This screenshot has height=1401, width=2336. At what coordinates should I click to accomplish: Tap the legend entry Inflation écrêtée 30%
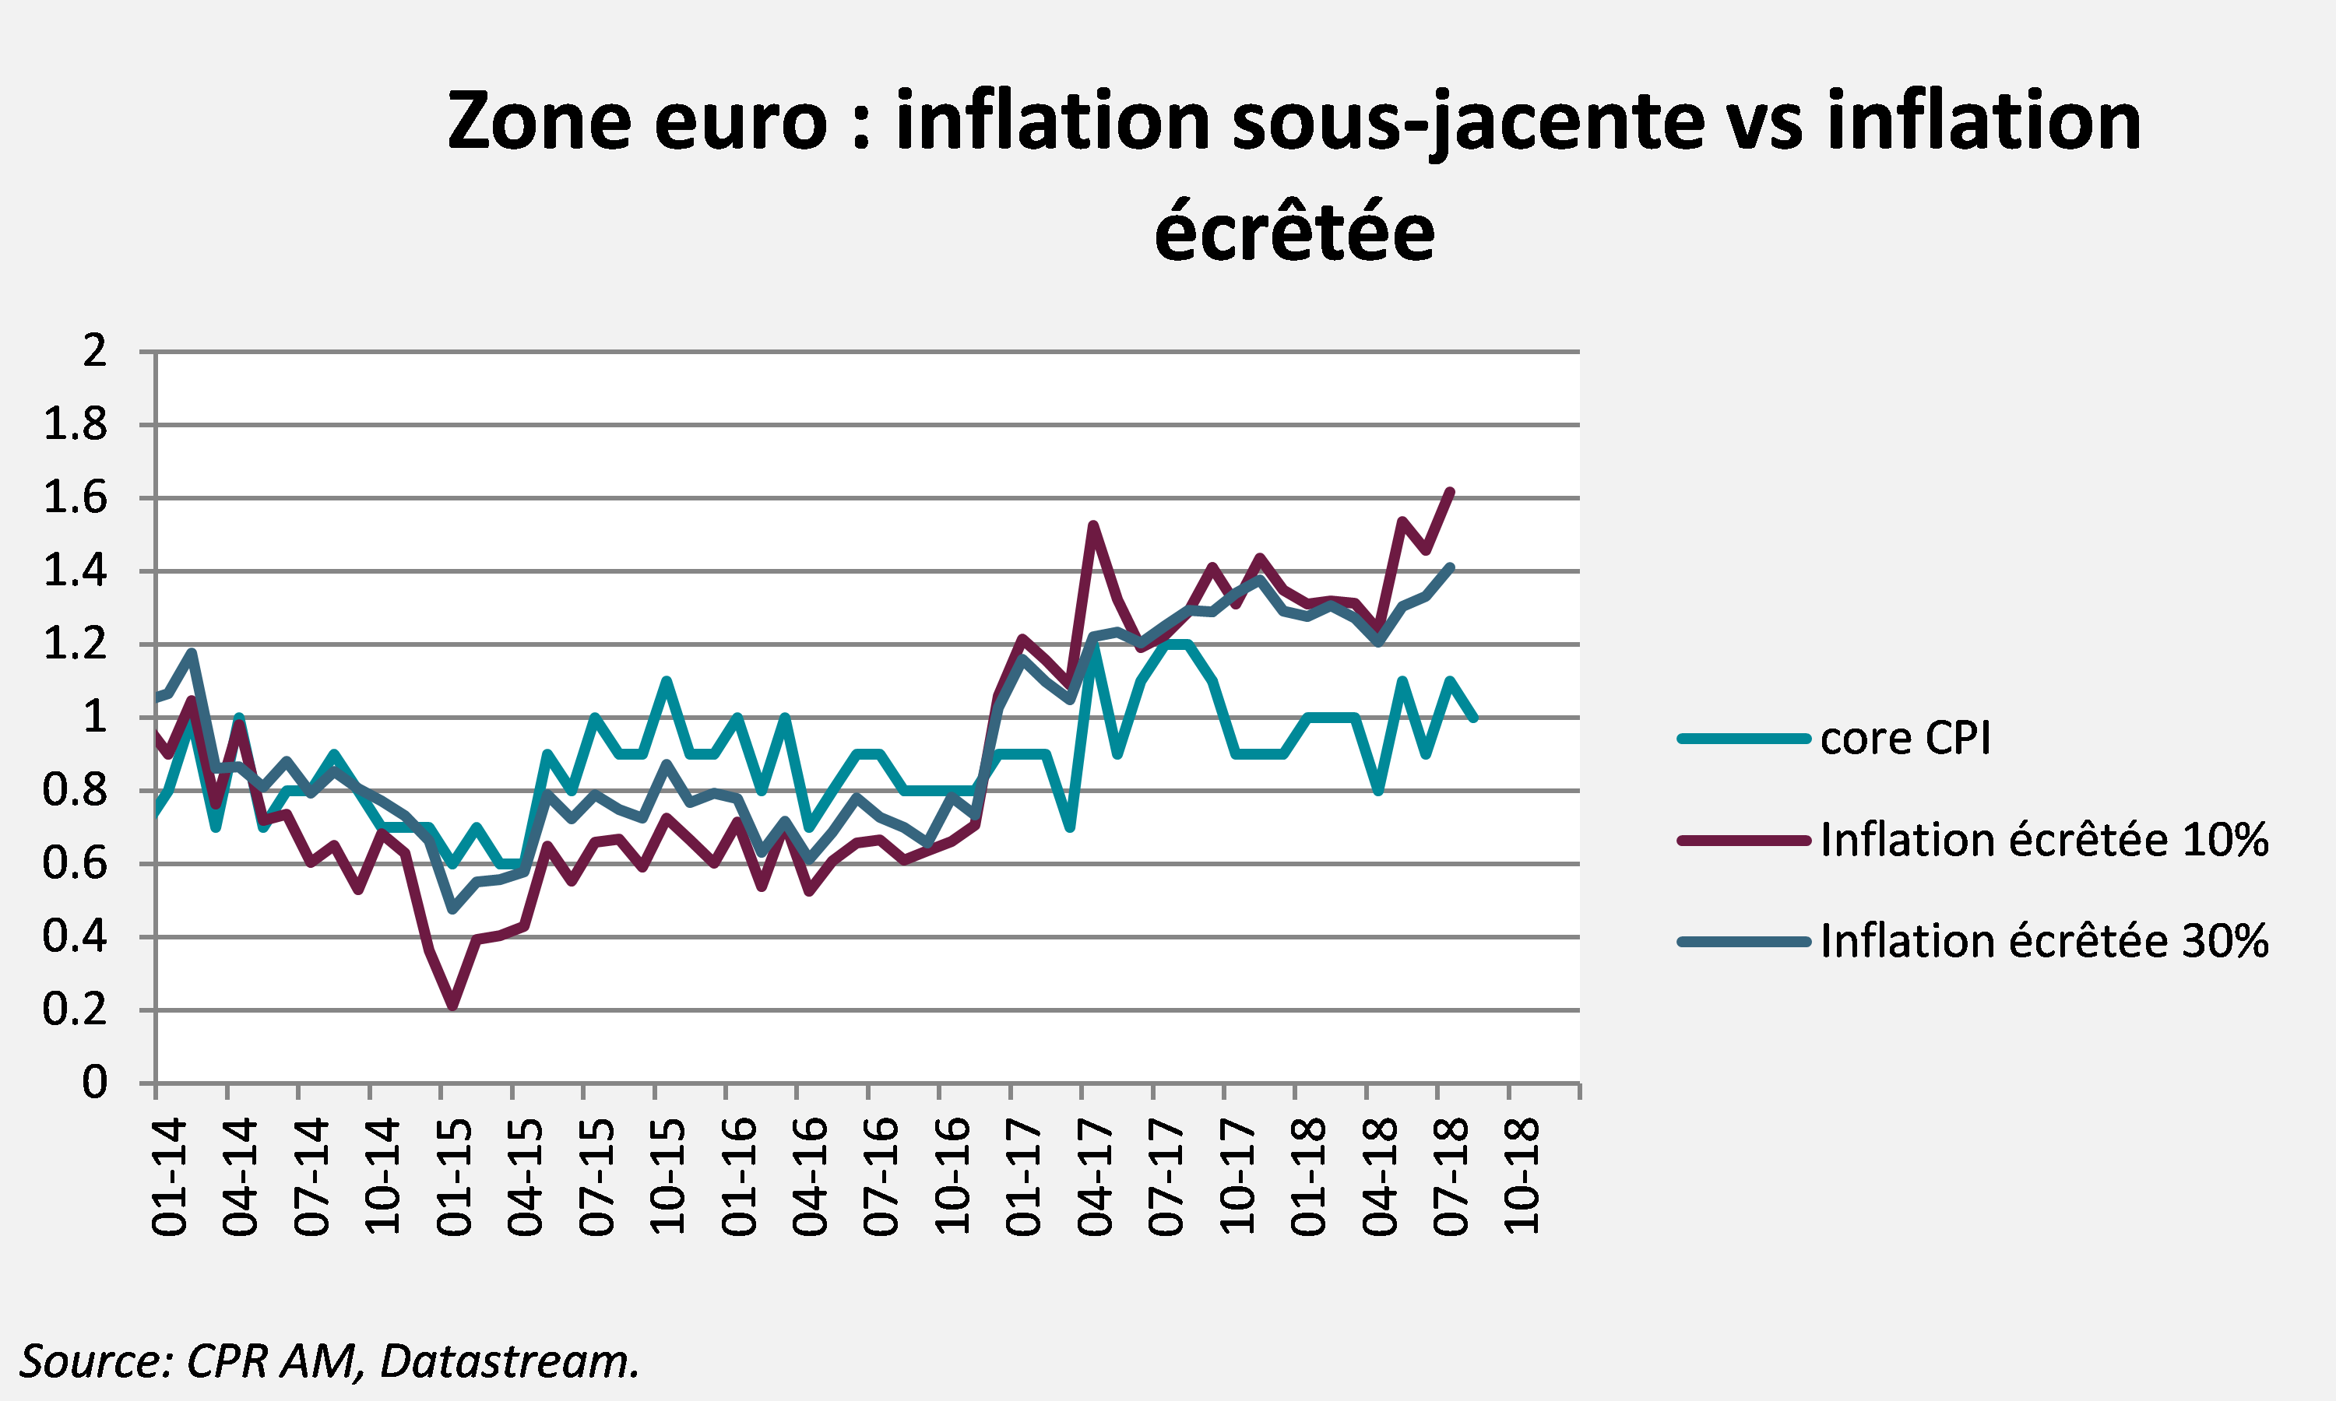click(1973, 941)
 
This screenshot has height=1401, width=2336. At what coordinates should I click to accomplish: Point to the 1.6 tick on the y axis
click(76, 497)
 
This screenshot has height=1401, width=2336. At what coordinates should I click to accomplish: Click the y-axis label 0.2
click(76, 1010)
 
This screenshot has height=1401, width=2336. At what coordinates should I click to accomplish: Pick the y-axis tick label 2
click(94, 351)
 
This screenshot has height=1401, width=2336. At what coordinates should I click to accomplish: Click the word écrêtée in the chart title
click(1294, 231)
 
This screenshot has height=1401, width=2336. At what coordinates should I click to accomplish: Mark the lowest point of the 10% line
click(453, 1006)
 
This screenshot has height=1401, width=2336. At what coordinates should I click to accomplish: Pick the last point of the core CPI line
click(1474, 718)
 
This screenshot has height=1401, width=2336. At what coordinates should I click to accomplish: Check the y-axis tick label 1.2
click(76, 644)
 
